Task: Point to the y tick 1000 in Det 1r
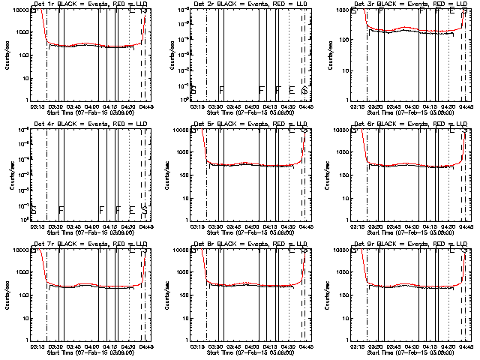coord(25,32)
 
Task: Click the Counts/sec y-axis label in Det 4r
coord(9,175)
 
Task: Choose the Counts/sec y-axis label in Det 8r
coord(169,295)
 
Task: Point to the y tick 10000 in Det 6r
coord(342,130)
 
